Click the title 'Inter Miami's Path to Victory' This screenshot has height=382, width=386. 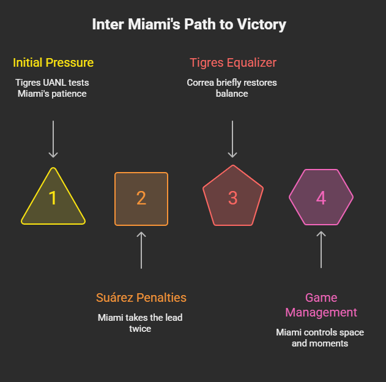189,24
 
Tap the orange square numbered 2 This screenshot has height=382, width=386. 141,198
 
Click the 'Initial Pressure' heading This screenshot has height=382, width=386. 53,62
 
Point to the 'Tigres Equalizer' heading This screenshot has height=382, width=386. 232,62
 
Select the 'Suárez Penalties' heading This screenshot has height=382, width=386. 141,298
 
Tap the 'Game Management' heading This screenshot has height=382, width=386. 321,305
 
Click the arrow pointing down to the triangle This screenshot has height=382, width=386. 53,140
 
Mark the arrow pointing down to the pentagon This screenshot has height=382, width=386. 232,140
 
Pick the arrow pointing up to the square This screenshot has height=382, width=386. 141,250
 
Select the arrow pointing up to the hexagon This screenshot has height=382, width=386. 321,250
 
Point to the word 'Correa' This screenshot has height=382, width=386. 202,83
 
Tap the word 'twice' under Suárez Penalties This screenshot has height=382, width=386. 141,329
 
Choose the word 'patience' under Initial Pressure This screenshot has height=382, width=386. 72,94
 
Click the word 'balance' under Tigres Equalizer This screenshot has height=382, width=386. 232,94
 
